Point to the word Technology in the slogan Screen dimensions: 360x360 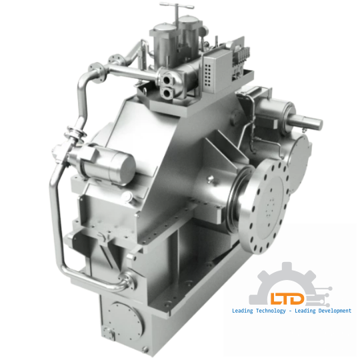coord(267,311)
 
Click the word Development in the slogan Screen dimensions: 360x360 coord(329,311)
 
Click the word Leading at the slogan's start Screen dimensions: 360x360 coord(241,311)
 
